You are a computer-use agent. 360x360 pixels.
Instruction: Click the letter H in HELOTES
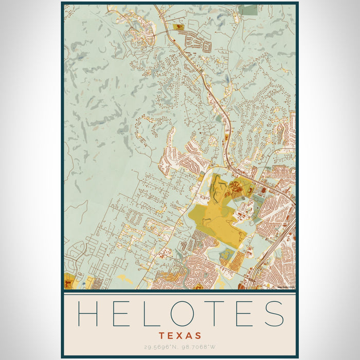pos(87,314)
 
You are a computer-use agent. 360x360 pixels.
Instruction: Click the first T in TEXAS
pos(161,335)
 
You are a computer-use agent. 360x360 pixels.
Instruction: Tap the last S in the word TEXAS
pos(199,335)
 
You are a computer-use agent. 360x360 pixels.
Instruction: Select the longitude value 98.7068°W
pos(198,348)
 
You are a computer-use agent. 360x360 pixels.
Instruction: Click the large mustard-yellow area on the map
pos(216,216)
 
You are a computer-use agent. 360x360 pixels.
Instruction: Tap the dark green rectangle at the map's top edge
pos(249,9)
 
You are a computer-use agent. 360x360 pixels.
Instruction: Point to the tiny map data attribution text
pos(285,287)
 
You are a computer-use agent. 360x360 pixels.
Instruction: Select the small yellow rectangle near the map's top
pos(179,26)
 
